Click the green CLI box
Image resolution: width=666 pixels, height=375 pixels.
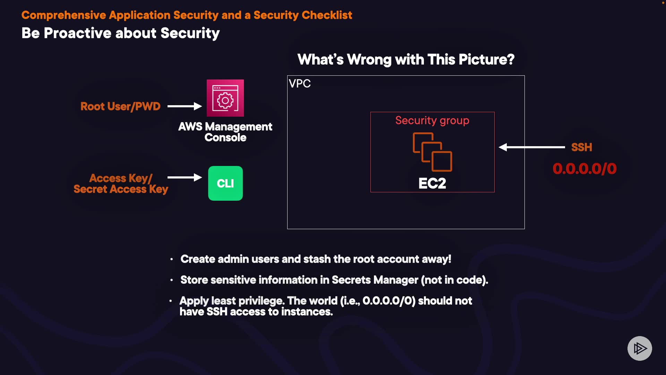tap(225, 183)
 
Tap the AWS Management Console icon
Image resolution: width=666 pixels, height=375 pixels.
tap(225, 98)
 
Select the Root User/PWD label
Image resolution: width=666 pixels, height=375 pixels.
tap(120, 106)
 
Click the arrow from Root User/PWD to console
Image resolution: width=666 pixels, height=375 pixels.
tap(185, 106)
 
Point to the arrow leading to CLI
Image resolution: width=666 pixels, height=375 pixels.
tap(185, 177)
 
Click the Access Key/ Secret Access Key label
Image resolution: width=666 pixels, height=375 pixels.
tap(121, 184)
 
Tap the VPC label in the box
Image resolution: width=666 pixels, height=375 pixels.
tap(300, 84)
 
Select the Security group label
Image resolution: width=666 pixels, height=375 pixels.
tap(432, 120)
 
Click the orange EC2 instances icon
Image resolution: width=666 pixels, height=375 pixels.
tap(433, 152)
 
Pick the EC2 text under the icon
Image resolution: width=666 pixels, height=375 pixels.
tap(432, 183)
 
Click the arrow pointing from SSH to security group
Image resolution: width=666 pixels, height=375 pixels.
tap(532, 147)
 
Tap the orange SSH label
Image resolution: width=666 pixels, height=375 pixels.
tap(582, 147)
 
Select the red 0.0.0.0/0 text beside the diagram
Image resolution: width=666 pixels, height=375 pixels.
tap(585, 169)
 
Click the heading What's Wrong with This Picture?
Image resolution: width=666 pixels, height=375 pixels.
tap(406, 60)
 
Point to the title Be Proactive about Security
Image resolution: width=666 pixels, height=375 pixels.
tap(121, 33)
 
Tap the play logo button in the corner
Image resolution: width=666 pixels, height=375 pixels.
tap(640, 348)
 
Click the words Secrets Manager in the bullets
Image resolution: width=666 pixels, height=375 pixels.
tap(375, 280)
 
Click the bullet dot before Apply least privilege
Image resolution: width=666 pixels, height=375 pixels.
tap(171, 301)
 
